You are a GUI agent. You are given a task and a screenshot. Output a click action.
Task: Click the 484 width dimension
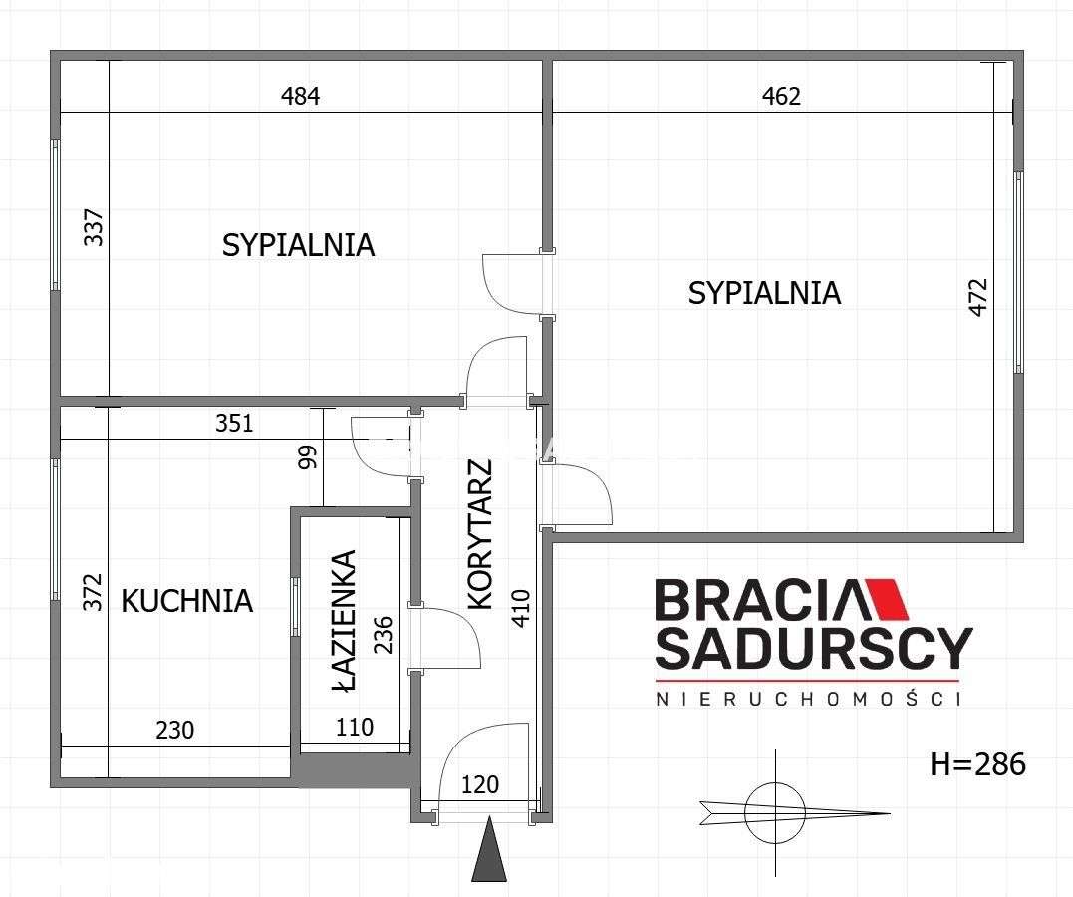click(301, 95)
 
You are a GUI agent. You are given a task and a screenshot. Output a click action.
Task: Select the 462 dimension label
click(781, 95)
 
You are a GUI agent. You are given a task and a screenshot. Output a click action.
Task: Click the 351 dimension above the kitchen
click(235, 424)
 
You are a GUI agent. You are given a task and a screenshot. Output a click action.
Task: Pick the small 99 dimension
click(309, 456)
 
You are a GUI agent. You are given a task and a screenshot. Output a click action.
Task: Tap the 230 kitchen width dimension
click(175, 730)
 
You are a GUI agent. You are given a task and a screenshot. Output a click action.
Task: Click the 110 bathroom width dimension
click(355, 727)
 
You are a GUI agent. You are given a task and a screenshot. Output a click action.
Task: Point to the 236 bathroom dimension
click(384, 635)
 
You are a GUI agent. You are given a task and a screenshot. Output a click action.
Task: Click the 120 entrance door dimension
click(479, 784)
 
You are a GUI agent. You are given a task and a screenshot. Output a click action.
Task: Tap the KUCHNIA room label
click(187, 601)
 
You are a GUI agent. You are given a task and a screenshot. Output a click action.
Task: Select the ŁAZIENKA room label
click(344, 621)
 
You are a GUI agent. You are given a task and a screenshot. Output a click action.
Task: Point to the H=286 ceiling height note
click(978, 764)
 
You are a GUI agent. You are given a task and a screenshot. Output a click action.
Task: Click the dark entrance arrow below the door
click(488, 849)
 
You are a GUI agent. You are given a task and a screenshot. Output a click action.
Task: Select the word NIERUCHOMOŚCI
click(808, 699)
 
